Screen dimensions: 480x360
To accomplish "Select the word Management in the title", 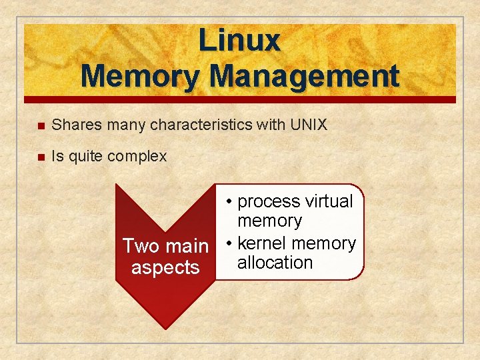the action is click(x=304, y=76).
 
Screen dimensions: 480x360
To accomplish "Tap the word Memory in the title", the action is click(x=140, y=76).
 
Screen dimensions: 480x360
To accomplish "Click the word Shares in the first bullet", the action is click(x=75, y=125).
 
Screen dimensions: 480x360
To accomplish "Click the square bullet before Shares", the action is click(x=41, y=125).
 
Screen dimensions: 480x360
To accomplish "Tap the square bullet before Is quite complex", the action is click(x=41, y=157).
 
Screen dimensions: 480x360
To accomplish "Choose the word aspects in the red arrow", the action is click(x=165, y=267).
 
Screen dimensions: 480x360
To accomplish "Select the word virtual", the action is click(x=327, y=201).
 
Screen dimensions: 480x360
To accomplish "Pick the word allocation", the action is click(x=275, y=263).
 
